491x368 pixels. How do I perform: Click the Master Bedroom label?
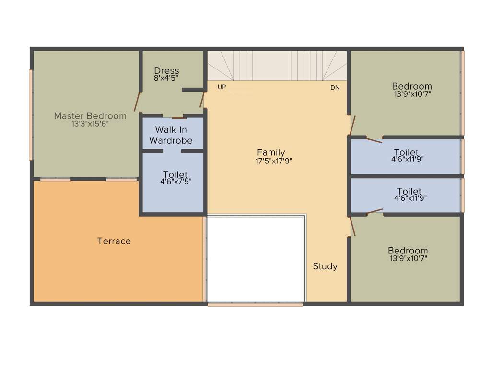(x=90, y=116)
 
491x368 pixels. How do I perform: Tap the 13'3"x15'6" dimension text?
(x=90, y=124)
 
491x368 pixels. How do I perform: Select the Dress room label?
(x=166, y=71)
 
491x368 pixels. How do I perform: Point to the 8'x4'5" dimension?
(x=166, y=78)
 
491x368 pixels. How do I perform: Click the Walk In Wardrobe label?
(x=171, y=135)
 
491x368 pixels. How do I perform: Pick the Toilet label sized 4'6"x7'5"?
(x=175, y=174)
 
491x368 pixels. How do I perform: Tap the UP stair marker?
(x=222, y=87)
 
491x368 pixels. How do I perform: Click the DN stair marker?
(x=335, y=88)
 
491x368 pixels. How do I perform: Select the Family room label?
(x=271, y=153)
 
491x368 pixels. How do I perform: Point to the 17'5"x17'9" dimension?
(x=274, y=161)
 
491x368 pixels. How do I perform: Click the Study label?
(x=325, y=266)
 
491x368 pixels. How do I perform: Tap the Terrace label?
(x=114, y=241)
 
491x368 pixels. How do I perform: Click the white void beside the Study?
(x=256, y=259)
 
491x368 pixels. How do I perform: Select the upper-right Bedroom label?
(x=412, y=86)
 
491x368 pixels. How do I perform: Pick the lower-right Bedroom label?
(x=408, y=251)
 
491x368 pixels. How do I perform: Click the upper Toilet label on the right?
(x=408, y=153)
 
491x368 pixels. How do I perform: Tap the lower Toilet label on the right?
(x=409, y=192)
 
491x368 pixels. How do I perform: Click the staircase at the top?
(x=277, y=66)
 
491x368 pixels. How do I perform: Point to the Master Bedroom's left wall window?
(x=31, y=115)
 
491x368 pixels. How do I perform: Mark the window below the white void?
(x=255, y=304)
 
